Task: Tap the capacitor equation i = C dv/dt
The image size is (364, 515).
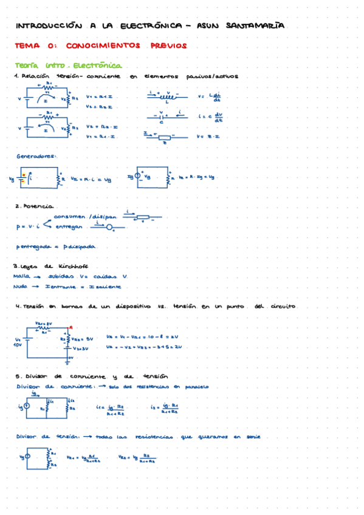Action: pyautogui.click(x=210, y=117)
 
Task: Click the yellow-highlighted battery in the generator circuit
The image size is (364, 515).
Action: pyautogui.click(x=22, y=178)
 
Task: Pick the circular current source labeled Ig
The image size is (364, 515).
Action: pyautogui.click(x=139, y=177)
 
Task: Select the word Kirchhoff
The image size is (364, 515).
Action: pyautogui.click(x=75, y=266)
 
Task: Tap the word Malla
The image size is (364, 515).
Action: pyautogui.click(x=22, y=276)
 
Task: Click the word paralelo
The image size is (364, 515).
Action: pyautogui.click(x=196, y=386)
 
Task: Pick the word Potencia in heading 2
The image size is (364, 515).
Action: pyautogui.click(x=41, y=206)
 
